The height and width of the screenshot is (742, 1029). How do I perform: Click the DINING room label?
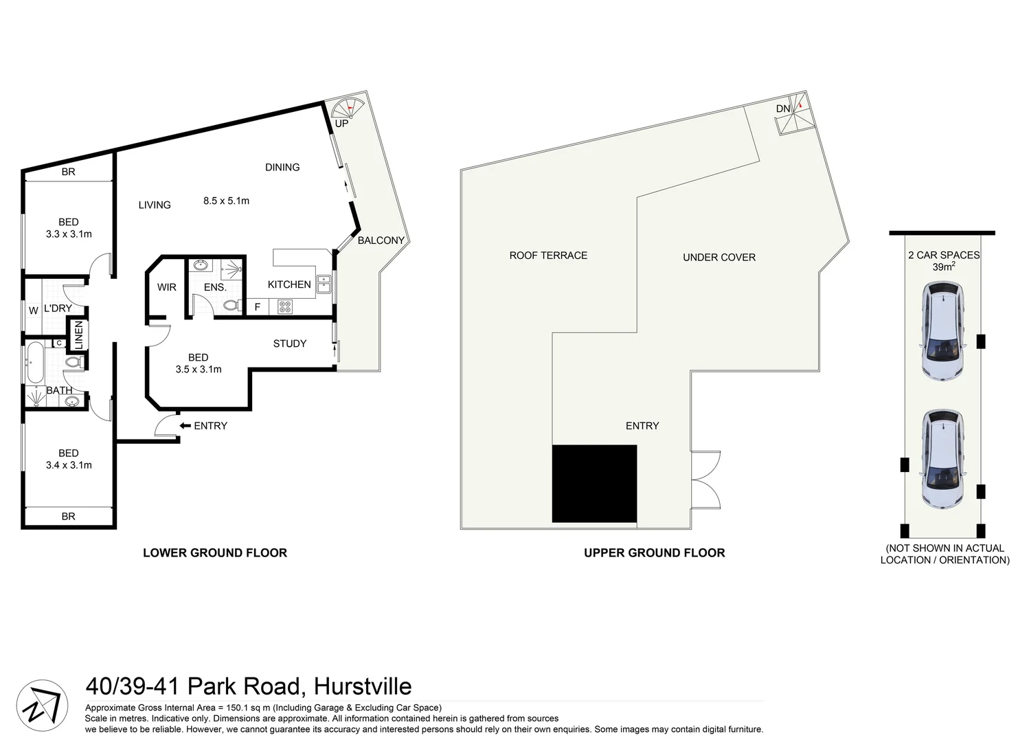(282, 167)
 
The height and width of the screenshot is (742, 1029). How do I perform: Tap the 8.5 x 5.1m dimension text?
(226, 201)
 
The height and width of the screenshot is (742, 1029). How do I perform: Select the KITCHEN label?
(289, 284)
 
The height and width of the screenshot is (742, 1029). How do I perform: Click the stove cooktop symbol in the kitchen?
(285, 307)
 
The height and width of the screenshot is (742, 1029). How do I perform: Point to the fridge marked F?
(258, 307)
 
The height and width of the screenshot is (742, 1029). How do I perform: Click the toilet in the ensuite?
(232, 305)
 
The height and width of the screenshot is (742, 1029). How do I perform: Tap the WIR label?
(167, 287)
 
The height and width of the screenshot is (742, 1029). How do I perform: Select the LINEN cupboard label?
(78, 335)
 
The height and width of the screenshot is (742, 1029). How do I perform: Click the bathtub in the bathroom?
(34, 362)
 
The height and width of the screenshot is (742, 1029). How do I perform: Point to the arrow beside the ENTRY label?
(185, 426)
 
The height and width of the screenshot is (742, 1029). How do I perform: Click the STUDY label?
(289, 344)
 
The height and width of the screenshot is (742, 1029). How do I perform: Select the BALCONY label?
(381, 240)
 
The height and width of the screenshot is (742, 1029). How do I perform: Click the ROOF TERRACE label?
(548, 256)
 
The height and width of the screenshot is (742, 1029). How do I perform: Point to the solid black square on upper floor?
(594, 484)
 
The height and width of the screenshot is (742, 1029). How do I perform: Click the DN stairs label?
(783, 109)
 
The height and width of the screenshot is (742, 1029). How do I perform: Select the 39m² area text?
(943, 267)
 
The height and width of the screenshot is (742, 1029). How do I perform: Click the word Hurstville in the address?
(362, 686)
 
